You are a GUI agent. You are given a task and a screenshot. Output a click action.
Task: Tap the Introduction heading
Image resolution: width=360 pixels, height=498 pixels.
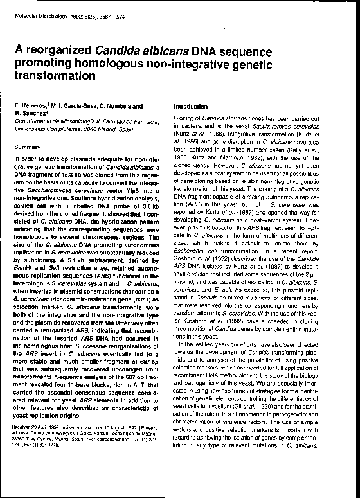point(190,106)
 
